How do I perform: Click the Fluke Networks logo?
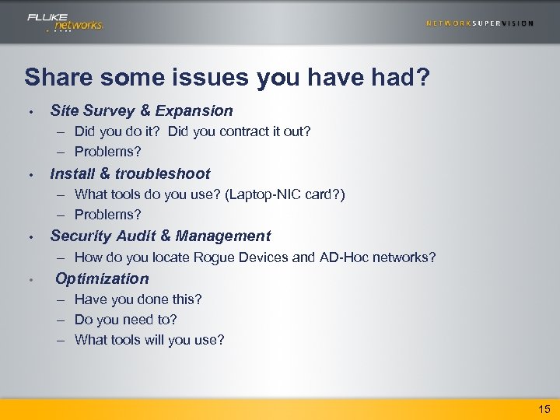point(65,22)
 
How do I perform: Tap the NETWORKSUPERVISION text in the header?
point(479,23)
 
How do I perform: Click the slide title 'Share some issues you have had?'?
point(226,77)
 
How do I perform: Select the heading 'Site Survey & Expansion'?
point(142,111)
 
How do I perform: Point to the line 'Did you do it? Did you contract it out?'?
point(192,131)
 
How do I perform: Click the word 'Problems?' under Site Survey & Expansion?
point(107,152)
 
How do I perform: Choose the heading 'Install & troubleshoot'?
point(130,173)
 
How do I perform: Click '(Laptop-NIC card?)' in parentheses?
point(285,194)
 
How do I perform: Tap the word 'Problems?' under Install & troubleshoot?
point(107,214)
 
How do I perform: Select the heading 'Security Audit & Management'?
point(160,236)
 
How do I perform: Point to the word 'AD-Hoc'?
point(343,257)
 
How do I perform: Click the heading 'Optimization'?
point(102,278)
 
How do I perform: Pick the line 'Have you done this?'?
point(138,299)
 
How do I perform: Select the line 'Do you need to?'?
point(125,319)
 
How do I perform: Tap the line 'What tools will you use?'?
point(149,339)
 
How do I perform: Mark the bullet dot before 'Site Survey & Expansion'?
point(29,112)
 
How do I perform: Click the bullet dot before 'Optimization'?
point(29,279)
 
